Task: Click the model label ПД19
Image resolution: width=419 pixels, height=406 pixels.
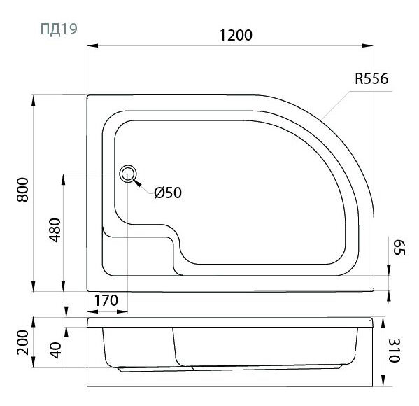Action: tap(59, 29)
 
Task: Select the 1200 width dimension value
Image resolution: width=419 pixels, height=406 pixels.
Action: tap(236, 35)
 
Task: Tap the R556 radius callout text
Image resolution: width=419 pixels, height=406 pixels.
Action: tap(371, 78)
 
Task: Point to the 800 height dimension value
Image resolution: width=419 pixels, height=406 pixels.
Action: tap(22, 190)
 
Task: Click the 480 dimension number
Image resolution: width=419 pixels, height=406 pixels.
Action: tap(55, 230)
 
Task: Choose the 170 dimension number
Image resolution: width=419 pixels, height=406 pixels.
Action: tap(106, 300)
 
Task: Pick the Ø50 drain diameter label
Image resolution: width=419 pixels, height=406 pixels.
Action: tap(168, 192)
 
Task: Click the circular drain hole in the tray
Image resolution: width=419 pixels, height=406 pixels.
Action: tap(128, 174)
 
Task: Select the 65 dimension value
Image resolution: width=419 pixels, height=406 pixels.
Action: tap(399, 247)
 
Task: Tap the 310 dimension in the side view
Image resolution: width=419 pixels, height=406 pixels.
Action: tap(394, 351)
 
